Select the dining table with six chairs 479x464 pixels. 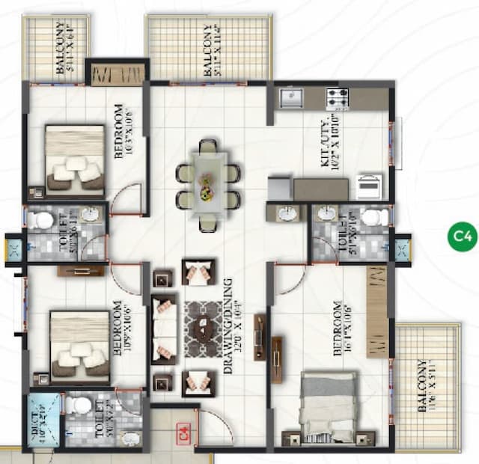pos(207,181)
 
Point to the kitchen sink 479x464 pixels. pos(290,97)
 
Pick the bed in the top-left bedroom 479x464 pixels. pos(74,157)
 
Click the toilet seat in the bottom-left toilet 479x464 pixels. pos(78,405)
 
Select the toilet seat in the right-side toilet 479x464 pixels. pos(373,216)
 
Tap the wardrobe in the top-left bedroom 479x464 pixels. pos(118,74)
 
